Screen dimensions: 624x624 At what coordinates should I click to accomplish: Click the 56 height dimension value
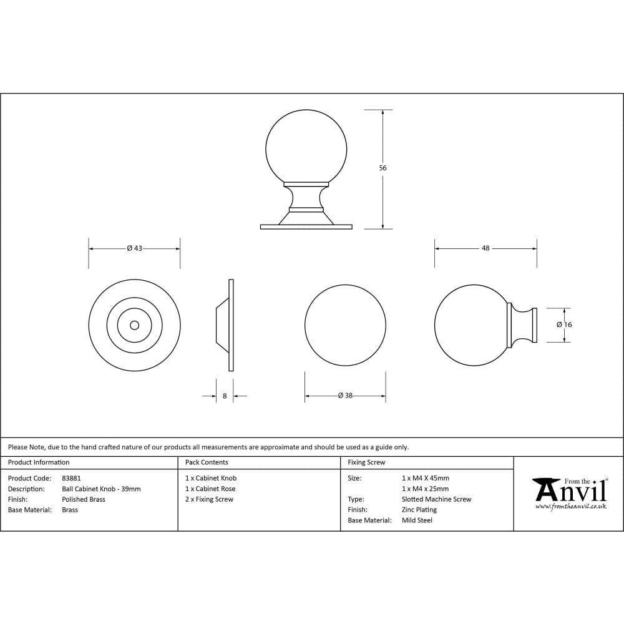tap(383, 168)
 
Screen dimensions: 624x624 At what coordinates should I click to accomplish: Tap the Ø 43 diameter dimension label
tap(135, 248)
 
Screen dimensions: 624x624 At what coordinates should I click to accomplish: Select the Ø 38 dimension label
tap(345, 396)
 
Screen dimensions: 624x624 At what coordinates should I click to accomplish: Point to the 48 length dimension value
tap(485, 248)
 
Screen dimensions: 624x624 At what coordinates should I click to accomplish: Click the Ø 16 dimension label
tap(564, 324)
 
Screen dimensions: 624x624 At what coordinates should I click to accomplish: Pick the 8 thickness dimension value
tap(225, 396)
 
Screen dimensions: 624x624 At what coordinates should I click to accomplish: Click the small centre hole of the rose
tap(134, 325)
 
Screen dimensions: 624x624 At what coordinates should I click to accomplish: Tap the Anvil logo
tap(570, 490)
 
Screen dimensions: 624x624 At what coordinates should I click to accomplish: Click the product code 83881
tap(72, 478)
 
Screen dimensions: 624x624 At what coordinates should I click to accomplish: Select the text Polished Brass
tap(84, 499)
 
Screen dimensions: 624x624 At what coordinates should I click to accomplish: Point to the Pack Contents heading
tap(207, 462)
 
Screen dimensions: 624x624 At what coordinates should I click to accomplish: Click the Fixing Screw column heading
tap(366, 462)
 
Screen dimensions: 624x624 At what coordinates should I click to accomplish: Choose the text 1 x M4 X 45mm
tap(426, 478)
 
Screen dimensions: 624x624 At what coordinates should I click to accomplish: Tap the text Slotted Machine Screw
tap(436, 499)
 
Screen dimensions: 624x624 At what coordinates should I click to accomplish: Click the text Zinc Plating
tap(419, 510)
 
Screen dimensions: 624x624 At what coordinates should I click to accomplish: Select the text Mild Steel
tap(417, 520)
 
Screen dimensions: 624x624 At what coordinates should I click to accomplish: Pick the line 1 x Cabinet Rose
tap(210, 489)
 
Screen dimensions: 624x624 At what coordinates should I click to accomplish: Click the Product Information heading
tap(39, 462)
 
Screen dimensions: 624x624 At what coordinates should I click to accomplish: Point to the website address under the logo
tap(570, 507)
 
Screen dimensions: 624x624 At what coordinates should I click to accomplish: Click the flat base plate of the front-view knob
tap(306, 227)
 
